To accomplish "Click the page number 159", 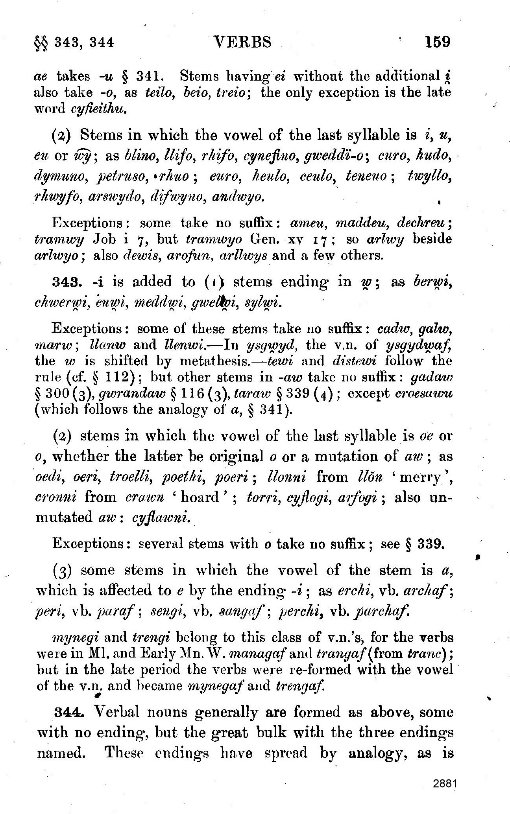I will [437, 41].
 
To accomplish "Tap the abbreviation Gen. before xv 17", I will [261, 239].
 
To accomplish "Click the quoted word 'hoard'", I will [201, 497].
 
